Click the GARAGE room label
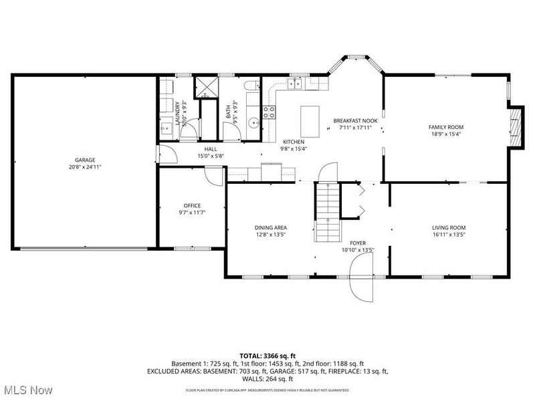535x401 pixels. pyautogui.click(x=84, y=160)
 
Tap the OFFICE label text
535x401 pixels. pyautogui.click(x=192, y=205)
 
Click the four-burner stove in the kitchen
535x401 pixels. pyautogui.click(x=269, y=112)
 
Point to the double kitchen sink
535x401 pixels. pyautogui.click(x=294, y=83)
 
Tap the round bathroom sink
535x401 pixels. pyautogui.click(x=253, y=123)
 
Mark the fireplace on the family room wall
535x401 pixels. pyautogui.click(x=514, y=125)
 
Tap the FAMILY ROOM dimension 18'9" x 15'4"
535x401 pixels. pyautogui.click(x=445, y=134)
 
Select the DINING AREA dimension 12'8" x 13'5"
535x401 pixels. pyautogui.click(x=271, y=235)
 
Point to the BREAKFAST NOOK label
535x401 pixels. pyautogui.click(x=355, y=120)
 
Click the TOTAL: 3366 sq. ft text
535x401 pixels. pyautogui.click(x=267, y=355)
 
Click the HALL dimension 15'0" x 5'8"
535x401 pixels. pyautogui.click(x=211, y=156)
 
